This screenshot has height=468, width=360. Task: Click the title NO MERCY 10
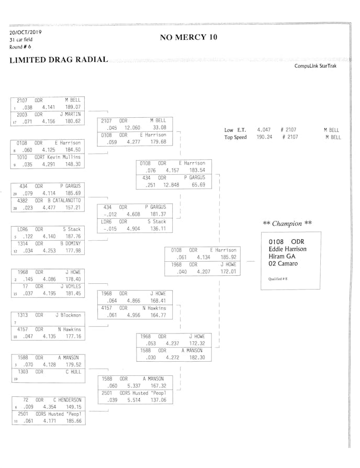click(x=188, y=37)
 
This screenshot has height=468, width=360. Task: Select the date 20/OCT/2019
click(x=26, y=32)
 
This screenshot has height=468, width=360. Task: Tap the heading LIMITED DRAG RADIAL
click(x=59, y=60)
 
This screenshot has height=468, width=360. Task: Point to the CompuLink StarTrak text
click(x=317, y=66)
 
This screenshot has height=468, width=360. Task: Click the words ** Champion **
click(x=287, y=224)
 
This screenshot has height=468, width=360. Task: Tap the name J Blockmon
click(x=69, y=315)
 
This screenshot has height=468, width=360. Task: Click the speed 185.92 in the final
click(x=228, y=258)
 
